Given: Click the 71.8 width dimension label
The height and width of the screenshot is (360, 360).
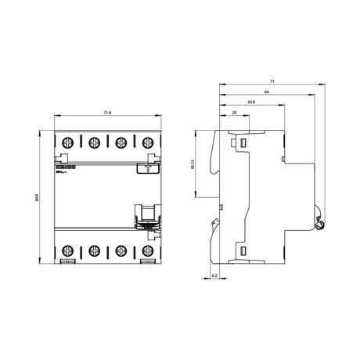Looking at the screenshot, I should (106, 113).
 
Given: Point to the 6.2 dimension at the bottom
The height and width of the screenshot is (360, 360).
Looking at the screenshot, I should (214, 275).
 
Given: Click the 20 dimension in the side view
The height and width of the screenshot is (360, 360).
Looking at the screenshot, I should (235, 113).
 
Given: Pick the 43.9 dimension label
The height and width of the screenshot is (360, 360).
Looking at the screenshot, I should (250, 102).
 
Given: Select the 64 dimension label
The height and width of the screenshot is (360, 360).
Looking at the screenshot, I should (268, 91).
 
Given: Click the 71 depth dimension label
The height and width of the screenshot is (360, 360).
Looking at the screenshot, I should (271, 80).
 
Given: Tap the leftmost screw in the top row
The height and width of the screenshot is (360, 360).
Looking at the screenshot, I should (67, 142).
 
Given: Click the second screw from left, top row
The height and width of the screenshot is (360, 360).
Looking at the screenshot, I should (93, 142).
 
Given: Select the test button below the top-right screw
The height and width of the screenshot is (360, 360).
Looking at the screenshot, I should (146, 167).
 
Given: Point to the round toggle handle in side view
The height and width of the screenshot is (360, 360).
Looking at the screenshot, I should (319, 225).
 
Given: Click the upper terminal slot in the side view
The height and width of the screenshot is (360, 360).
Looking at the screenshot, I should (242, 142).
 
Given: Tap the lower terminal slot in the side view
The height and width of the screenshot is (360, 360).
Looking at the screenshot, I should (242, 250).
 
